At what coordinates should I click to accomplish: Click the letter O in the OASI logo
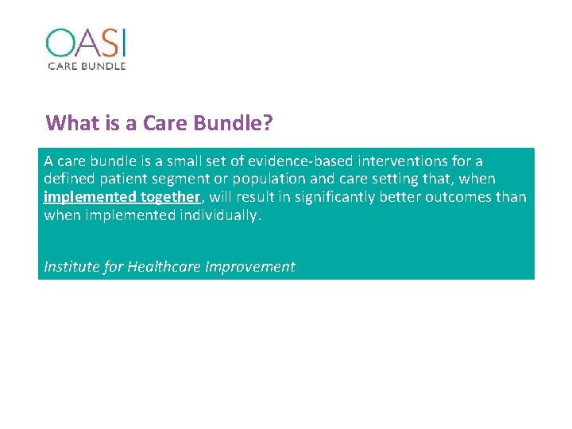60,44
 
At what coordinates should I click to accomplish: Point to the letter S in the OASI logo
106,44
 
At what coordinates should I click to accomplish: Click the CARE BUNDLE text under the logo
86,66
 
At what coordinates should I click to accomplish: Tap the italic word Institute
71,267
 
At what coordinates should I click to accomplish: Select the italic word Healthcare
164,267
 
